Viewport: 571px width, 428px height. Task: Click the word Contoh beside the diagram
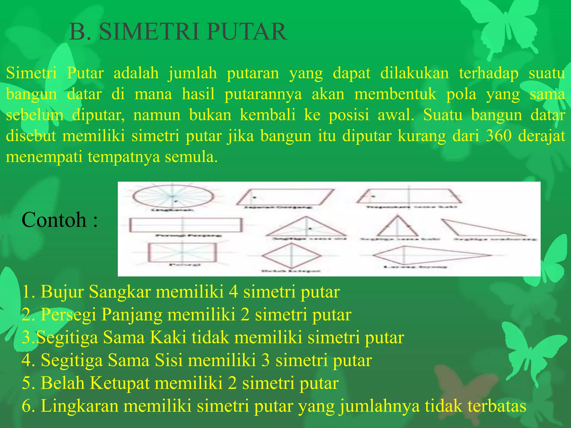click(54, 220)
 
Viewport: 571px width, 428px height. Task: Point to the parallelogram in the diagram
click(285, 197)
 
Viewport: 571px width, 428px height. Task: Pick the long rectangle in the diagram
click(186, 225)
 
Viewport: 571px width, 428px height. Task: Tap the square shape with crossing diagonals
click(182, 252)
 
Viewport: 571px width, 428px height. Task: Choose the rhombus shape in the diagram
click(291, 255)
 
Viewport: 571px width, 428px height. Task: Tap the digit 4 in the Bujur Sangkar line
click(233, 292)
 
